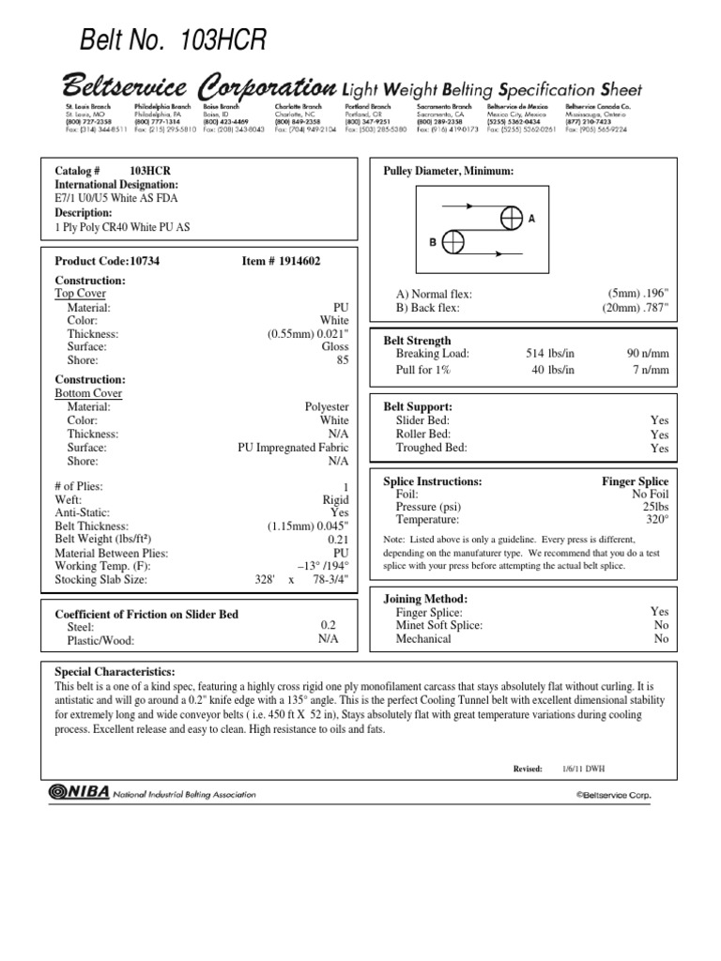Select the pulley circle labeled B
click(453, 240)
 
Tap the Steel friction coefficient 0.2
click(329, 624)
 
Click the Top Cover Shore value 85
click(342, 359)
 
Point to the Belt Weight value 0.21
click(338, 540)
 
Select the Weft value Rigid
click(335, 500)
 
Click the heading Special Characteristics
click(115, 673)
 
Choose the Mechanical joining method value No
click(661, 638)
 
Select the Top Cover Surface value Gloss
click(334, 346)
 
